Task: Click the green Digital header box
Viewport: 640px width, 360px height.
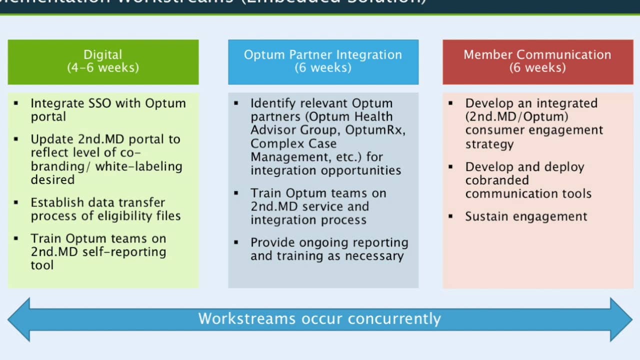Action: (103, 62)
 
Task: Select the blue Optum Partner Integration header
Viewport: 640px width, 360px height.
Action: (323, 62)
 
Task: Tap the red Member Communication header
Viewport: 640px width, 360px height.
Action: (537, 62)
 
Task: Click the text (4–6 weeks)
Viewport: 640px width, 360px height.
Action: (103, 67)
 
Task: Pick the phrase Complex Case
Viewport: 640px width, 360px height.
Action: (293, 144)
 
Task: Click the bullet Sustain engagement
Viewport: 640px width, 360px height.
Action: (526, 216)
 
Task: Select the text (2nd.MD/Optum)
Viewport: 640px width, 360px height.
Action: (516, 117)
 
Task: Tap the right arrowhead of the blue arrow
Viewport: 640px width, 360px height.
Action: (621, 319)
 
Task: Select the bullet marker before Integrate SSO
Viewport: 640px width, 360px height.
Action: (16, 103)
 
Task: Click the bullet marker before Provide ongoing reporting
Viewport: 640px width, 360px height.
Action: (236, 242)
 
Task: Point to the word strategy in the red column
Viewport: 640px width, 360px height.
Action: (489, 144)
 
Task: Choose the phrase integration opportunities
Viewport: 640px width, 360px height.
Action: (325, 170)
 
